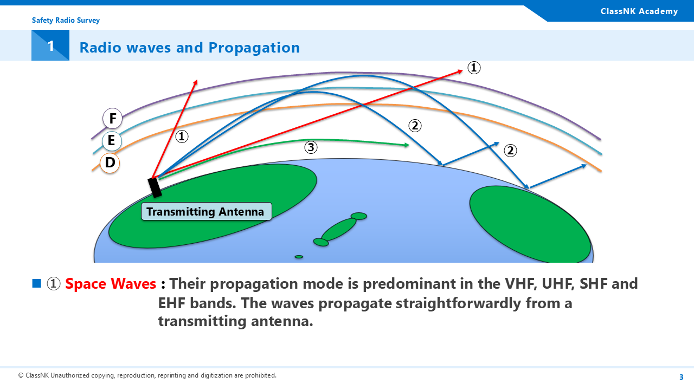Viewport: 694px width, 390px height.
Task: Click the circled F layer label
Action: point(112,118)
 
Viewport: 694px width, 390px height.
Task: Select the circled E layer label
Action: point(112,140)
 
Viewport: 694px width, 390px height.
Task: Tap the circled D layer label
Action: point(110,163)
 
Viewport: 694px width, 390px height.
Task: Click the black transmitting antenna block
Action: point(155,187)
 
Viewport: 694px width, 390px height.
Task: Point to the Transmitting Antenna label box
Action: point(207,212)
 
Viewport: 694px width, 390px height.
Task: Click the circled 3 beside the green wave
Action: point(311,147)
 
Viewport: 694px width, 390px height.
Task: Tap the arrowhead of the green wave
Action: point(407,145)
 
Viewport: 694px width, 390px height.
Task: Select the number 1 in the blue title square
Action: point(51,46)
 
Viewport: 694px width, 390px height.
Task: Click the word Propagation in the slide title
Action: point(254,48)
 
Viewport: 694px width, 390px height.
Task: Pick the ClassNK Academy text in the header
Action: point(639,11)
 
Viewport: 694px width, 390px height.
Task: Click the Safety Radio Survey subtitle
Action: point(66,21)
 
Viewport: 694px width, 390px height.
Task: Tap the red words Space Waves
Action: point(111,283)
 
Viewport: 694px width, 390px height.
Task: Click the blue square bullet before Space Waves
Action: point(36,283)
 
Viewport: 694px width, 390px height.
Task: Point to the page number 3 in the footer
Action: point(682,377)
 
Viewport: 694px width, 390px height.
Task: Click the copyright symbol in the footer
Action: point(21,375)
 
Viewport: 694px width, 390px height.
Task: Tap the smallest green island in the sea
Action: point(299,257)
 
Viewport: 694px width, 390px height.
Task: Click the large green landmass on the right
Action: point(530,224)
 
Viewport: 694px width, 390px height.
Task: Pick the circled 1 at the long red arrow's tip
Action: point(474,68)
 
